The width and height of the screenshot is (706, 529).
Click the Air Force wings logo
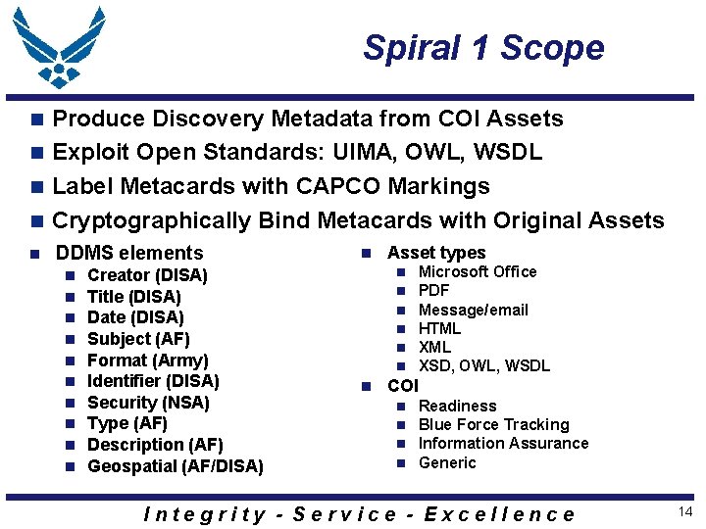click(60, 48)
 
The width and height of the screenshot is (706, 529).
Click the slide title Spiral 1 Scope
click(483, 47)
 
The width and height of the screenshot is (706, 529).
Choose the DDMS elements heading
click(129, 253)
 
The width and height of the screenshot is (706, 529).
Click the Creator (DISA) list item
click(147, 275)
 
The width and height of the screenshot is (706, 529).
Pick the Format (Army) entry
click(147, 360)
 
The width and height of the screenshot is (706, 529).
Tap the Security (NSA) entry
click(148, 403)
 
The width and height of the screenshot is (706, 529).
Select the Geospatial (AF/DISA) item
click(176, 466)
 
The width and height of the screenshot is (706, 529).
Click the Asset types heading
click(436, 253)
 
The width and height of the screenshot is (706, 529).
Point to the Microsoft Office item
click(478, 271)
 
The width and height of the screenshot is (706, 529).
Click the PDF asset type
click(433, 290)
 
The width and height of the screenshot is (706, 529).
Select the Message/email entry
click(473, 310)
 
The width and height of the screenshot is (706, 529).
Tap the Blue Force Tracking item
click(493, 424)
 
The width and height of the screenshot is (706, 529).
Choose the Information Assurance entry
click(503, 443)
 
